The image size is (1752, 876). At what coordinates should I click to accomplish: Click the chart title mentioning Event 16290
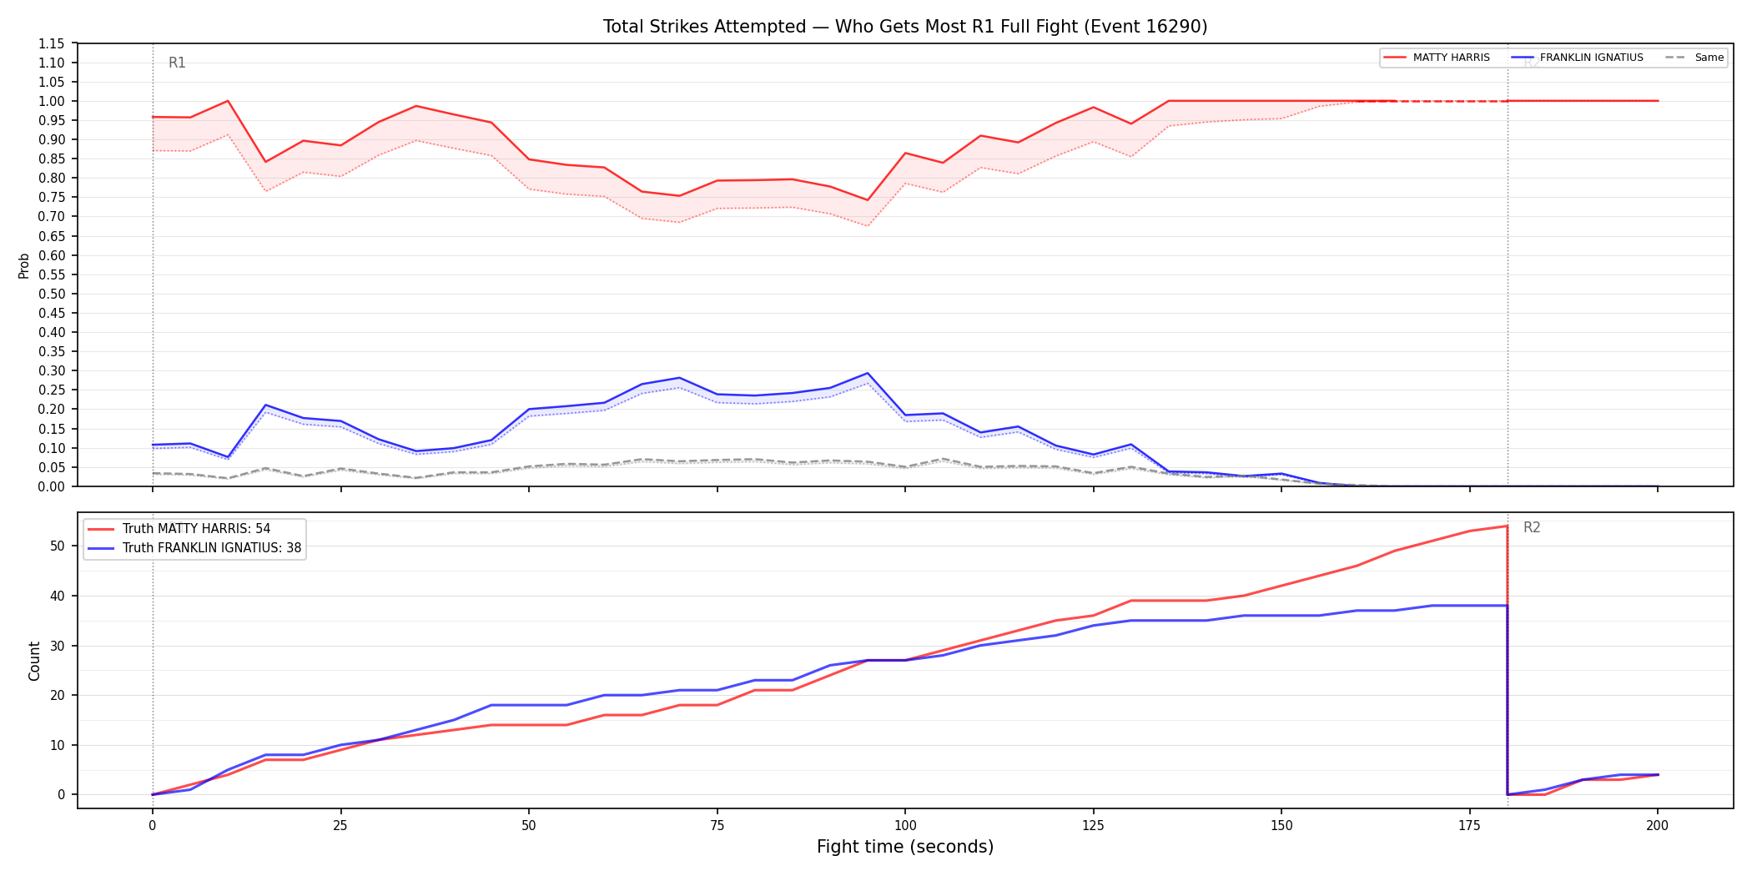coord(905,27)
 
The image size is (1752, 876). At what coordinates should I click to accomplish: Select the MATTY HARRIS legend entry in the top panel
coord(1436,58)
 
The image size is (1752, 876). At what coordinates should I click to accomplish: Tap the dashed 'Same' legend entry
coord(1694,58)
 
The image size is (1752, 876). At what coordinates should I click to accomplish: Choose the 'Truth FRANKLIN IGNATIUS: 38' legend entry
coord(194,548)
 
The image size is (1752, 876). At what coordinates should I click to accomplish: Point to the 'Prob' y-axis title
coord(24,265)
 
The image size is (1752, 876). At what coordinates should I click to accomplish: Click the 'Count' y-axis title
coord(34,661)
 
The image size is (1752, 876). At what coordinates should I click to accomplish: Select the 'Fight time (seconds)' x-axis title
coord(905,847)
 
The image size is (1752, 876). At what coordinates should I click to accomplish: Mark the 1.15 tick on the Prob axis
coord(52,43)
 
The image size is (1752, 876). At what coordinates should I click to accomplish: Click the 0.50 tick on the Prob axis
coord(52,294)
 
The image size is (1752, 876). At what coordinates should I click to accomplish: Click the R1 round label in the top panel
coord(177,63)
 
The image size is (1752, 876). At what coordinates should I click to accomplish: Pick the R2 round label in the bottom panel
coord(1532,527)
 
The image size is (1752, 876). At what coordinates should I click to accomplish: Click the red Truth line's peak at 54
coord(1507,526)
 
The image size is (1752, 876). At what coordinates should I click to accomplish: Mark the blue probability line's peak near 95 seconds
coord(868,373)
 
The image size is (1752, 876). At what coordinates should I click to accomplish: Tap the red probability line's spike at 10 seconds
coord(228,101)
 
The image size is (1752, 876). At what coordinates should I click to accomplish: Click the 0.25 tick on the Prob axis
coord(52,390)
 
